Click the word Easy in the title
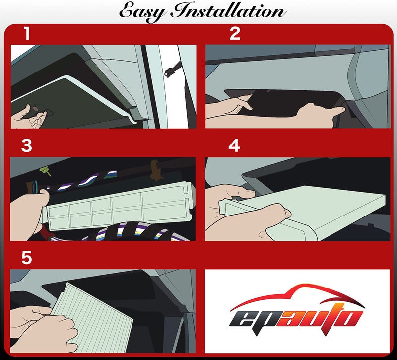coord(142,12)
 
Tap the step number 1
coord(27,34)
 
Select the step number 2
coord(235,34)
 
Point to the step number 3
coord(27,146)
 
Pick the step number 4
coord(234,146)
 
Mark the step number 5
coord(27,258)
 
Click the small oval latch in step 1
coord(38,107)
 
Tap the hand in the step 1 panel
coord(27,118)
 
